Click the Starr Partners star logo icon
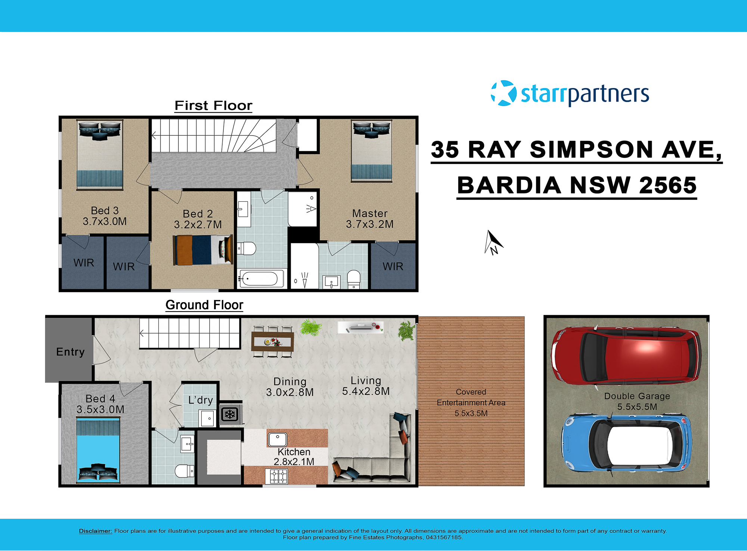[x=503, y=93]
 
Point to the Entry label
[x=70, y=352]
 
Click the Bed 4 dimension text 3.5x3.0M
[x=100, y=410]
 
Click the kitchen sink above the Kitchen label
[x=278, y=439]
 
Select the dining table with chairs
[x=272, y=342]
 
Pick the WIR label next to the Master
[x=393, y=266]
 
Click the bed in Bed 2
[x=203, y=250]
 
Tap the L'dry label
[x=201, y=400]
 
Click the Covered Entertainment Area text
[x=471, y=402]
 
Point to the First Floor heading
[x=213, y=106]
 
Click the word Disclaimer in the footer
[x=95, y=531]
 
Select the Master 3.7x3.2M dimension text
[x=369, y=225]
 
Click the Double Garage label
[x=637, y=396]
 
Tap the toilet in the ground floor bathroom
[x=184, y=471]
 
